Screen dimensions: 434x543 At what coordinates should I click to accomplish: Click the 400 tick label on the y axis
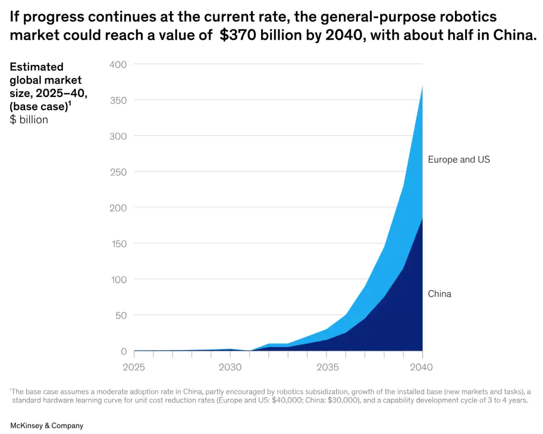tap(118, 64)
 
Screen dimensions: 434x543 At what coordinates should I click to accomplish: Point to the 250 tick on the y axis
tap(118, 172)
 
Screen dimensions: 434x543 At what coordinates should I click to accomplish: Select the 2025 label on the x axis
tap(133, 367)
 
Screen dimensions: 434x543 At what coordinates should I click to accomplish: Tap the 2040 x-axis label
tap(421, 367)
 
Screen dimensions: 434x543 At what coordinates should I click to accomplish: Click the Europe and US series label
tap(459, 159)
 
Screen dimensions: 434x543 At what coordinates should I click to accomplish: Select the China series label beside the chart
tap(439, 294)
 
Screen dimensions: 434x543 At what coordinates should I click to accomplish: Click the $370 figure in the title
tap(238, 36)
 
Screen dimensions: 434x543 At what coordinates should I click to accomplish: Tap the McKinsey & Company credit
tap(47, 425)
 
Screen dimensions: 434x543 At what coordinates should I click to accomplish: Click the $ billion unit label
tap(29, 120)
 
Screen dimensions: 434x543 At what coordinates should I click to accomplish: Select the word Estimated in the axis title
tap(37, 67)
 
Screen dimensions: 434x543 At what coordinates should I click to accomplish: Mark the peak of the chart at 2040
tap(422, 86)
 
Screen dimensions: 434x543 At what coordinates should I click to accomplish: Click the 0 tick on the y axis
tap(124, 351)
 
